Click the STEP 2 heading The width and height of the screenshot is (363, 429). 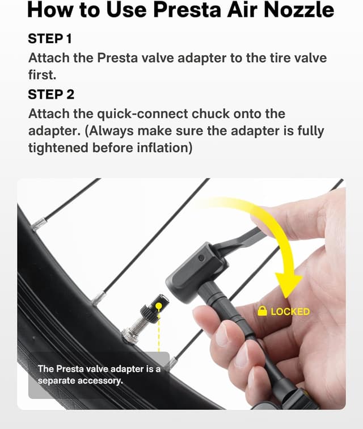(x=52, y=94)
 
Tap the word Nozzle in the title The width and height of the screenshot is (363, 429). (x=297, y=10)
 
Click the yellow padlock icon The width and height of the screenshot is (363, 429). (x=262, y=310)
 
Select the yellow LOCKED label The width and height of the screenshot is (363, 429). (x=290, y=311)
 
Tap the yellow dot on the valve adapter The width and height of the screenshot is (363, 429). (x=159, y=305)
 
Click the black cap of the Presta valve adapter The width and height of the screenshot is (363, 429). (x=154, y=308)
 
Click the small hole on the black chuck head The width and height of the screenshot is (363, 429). (x=200, y=258)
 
